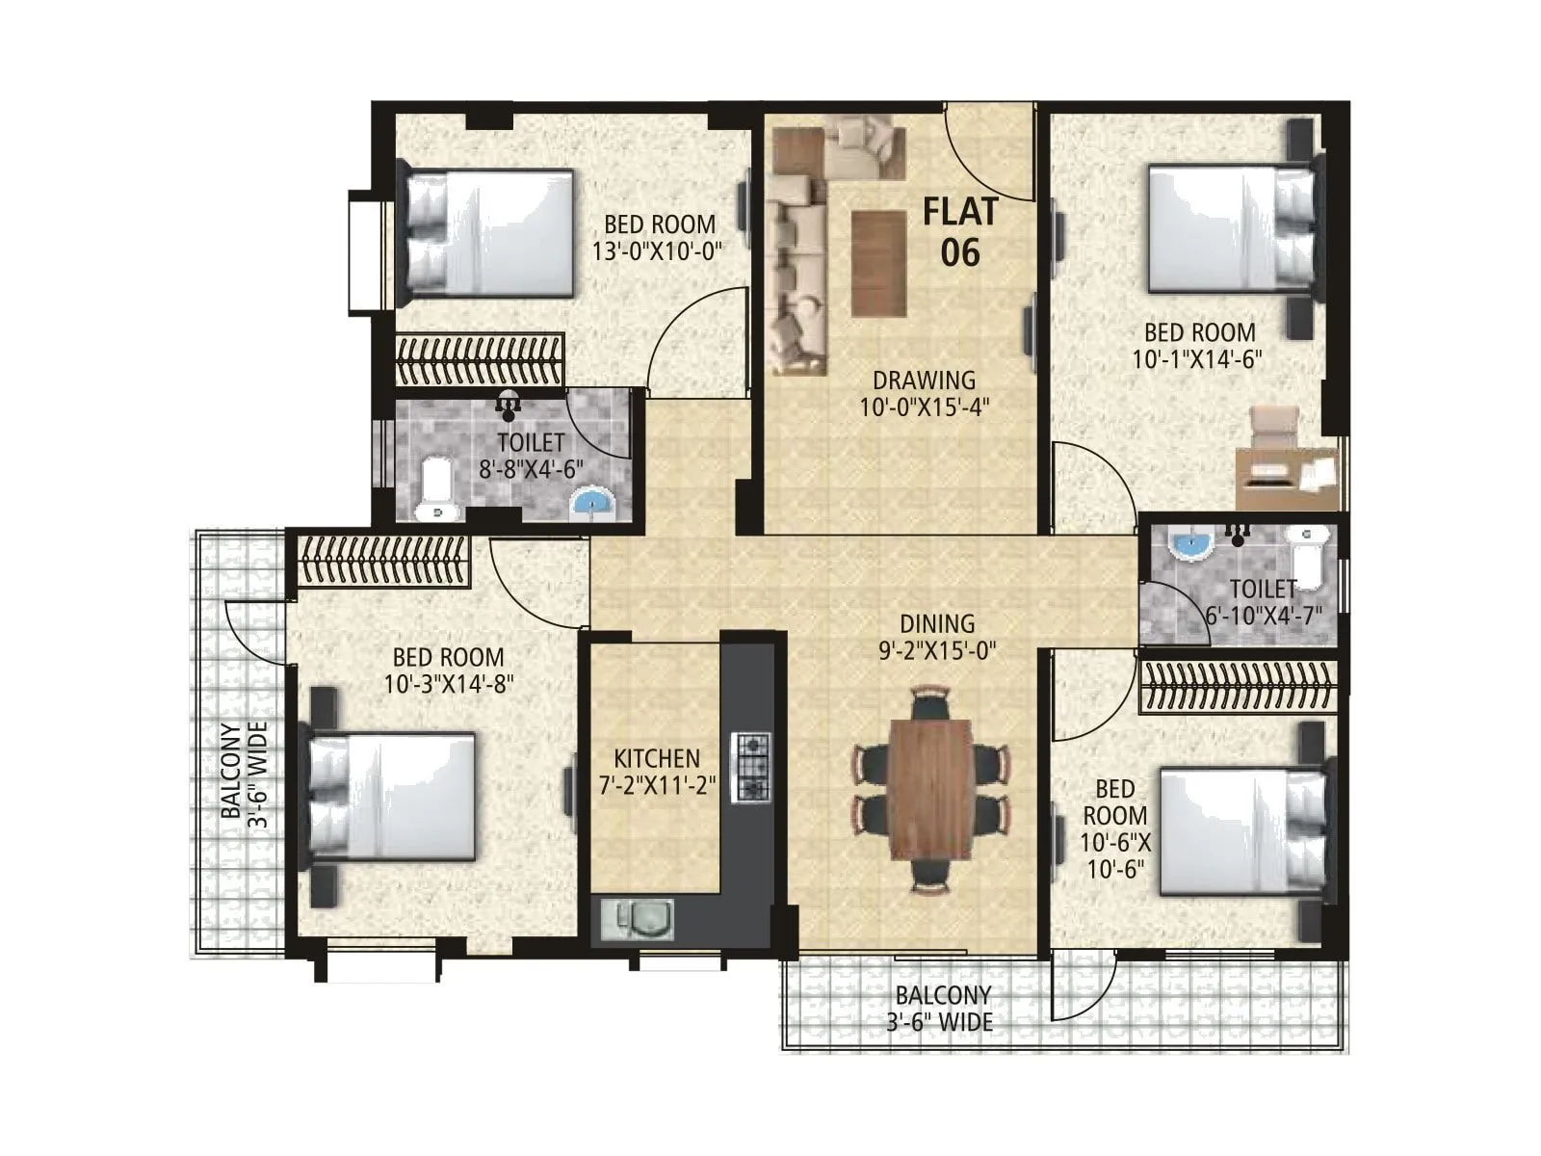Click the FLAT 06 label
pyautogui.click(x=960, y=231)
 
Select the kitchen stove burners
pyautogui.click(x=751, y=767)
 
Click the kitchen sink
pyautogui.click(x=637, y=919)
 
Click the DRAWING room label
pyautogui.click(x=924, y=381)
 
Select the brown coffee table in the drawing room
pyautogui.click(x=878, y=263)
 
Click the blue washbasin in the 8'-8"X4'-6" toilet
pyautogui.click(x=591, y=502)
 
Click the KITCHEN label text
pyautogui.click(x=657, y=758)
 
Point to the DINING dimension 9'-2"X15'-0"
pyautogui.click(x=936, y=651)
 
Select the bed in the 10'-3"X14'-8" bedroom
pyautogui.click(x=395, y=796)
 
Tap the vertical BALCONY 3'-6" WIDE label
pyautogui.click(x=243, y=771)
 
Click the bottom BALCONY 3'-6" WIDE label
pyautogui.click(x=941, y=1009)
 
